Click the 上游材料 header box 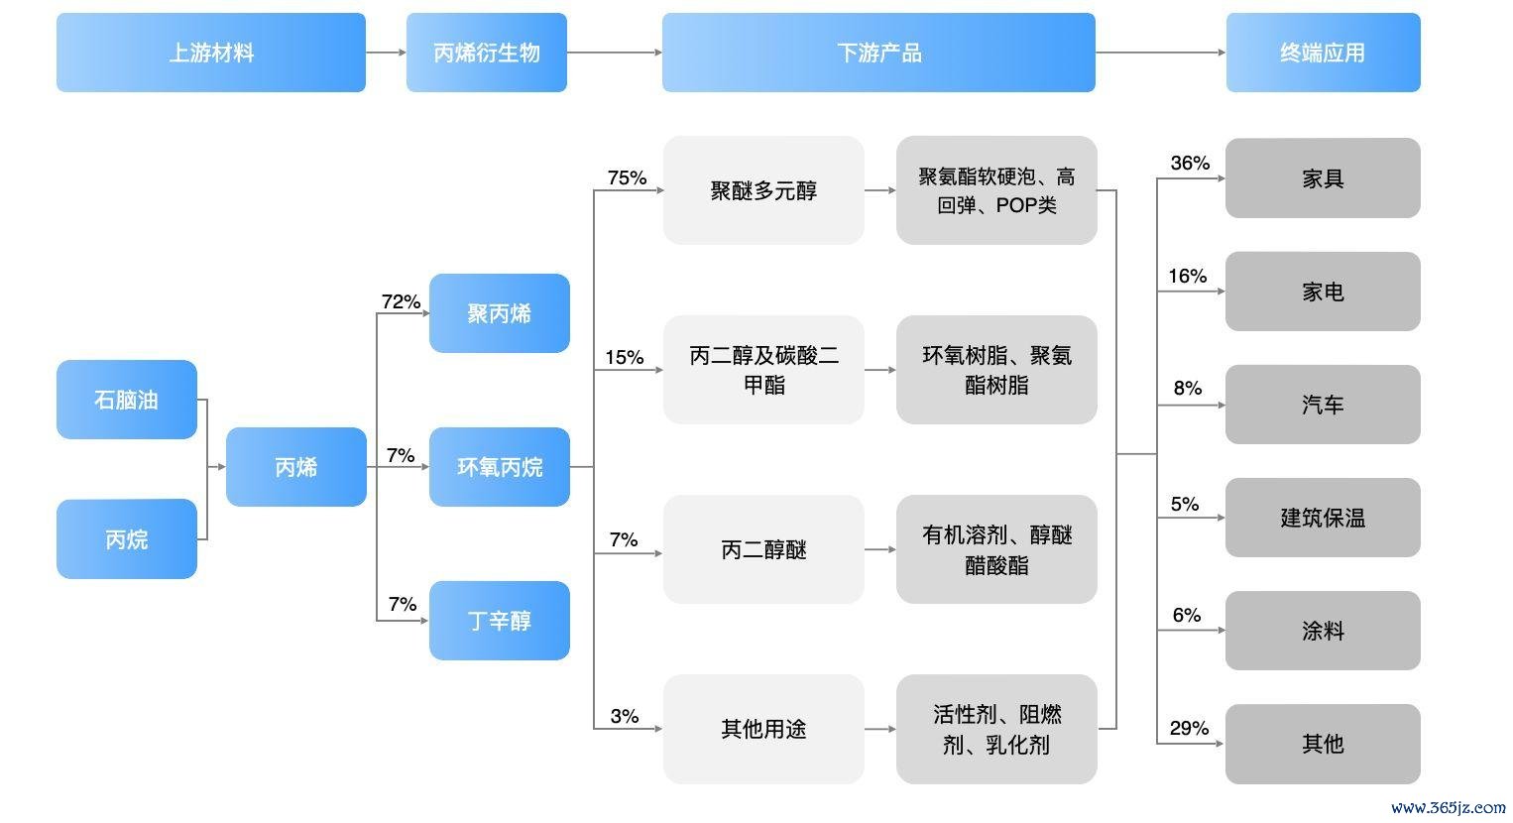(211, 52)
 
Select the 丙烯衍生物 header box (486, 52)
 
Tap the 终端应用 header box (1323, 52)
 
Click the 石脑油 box (126, 400)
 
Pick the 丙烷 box (126, 538)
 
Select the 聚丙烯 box (499, 313)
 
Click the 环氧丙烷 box (499, 466)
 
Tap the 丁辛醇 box (499, 621)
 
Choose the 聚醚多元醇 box (763, 189)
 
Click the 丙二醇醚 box (763, 549)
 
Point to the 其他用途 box (763, 729)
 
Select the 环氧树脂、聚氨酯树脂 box (996, 370)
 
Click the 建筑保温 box (1323, 518)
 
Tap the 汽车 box (1323, 405)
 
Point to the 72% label (401, 301)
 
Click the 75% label (627, 177)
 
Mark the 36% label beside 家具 (1190, 163)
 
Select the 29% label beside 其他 (1189, 728)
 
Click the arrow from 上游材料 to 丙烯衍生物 (386, 52)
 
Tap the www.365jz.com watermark (1449, 807)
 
